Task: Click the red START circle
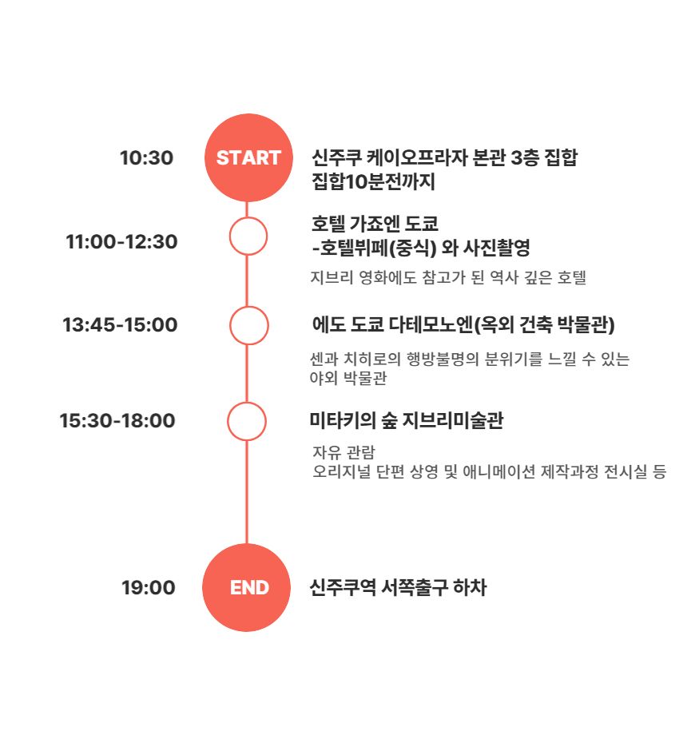pyautogui.click(x=248, y=157)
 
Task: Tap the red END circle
pyautogui.click(x=247, y=587)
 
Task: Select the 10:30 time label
pyautogui.click(x=147, y=158)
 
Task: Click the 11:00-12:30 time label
pyautogui.click(x=122, y=242)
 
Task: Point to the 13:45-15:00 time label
pyautogui.click(x=121, y=325)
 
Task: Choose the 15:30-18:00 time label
pyautogui.click(x=117, y=420)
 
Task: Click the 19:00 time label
pyautogui.click(x=149, y=587)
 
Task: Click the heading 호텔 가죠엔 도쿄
pyautogui.click(x=375, y=224)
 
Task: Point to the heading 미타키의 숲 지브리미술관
pyautogui.click(x=407, y=420)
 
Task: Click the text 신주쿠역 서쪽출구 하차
pyautogui.click(x=398, y=587)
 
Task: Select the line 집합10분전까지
pyautogui.click(x=374, y=181)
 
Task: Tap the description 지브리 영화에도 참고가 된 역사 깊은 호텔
pyautogui.click(x=448, y=277)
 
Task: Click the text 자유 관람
pyautogui.click(x=344, y=452)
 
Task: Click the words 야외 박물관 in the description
pyautogui.click(x=348, y=377)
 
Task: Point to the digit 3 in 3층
pyautogui.click(x=516, y=157)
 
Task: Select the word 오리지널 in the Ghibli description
pyautogui.click(x=342, y=471)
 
